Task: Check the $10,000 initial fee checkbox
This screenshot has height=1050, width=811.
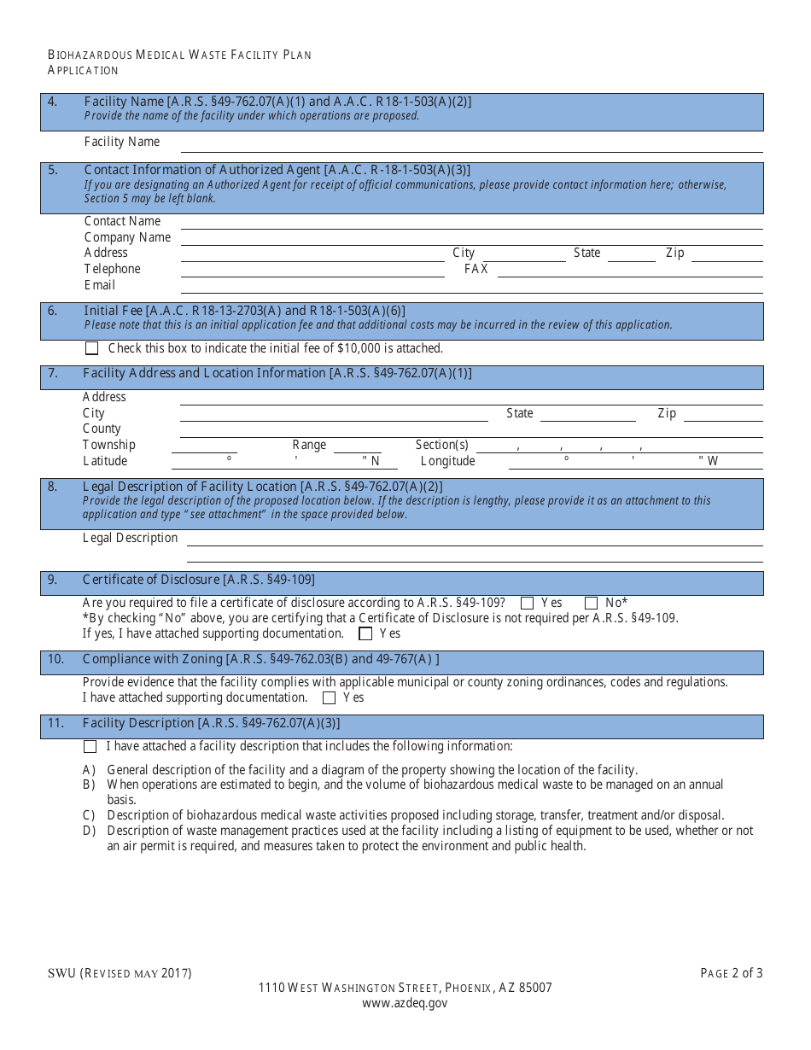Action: (x=92, y=348)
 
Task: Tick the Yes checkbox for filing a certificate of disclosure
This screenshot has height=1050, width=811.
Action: (x=527, y=603)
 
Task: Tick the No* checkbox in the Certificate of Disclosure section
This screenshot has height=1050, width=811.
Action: (x=591, y=603)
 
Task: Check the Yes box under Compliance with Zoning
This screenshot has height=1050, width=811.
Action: (x=329, y=697)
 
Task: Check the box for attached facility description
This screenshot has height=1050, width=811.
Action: (x=90, y=746)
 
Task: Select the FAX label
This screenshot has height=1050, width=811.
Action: (x=476, y=269)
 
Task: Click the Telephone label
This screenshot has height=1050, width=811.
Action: (x=112, y=269)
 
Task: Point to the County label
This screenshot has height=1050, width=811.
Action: (x=102, y=429)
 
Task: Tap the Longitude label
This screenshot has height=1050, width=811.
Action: (x=447, y=461)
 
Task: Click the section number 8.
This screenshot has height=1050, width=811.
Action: (x=52, y=487)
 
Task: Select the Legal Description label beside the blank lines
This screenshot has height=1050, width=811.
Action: (x=130, y=538)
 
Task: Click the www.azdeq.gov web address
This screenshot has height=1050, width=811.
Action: (x=405, y=1003)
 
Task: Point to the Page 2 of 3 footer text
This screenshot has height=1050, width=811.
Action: (x=732, y=973)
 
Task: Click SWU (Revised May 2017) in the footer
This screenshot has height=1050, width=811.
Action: (x=120, y=973)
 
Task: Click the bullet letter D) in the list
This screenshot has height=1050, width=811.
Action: (x=89, y=831)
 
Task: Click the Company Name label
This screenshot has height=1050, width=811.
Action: (x=127, y=237)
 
